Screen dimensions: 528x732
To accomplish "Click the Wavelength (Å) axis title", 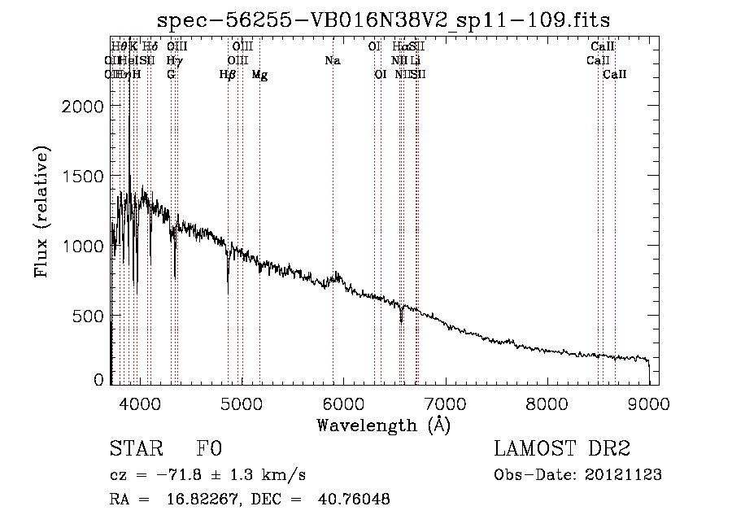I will click(383, 424).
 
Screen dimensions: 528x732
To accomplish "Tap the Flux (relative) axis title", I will click(42, 212).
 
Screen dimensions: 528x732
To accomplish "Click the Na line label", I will click(332, 61).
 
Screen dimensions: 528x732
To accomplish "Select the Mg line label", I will click(259, 75).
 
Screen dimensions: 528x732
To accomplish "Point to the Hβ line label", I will click(227, 75).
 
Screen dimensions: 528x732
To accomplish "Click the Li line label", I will click(415, 61).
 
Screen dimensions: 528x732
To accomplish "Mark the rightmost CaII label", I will click(615, 75).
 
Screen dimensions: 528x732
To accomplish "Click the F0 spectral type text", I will click(209, 449).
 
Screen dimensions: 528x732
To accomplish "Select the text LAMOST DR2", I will click(562, 449).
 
